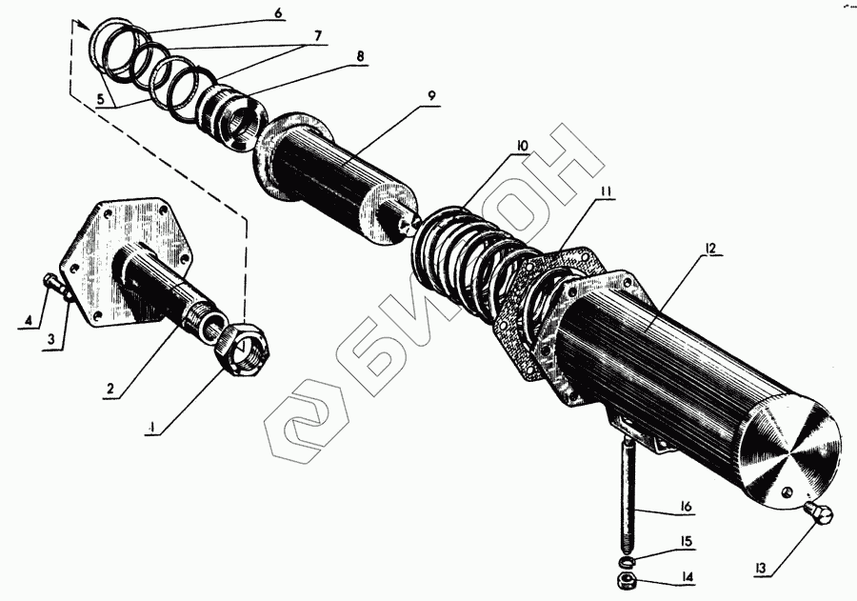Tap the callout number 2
(110, 390)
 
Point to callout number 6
(277, 12)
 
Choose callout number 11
(606, 190)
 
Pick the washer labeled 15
(628, 558)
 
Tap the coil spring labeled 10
(457, 243)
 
